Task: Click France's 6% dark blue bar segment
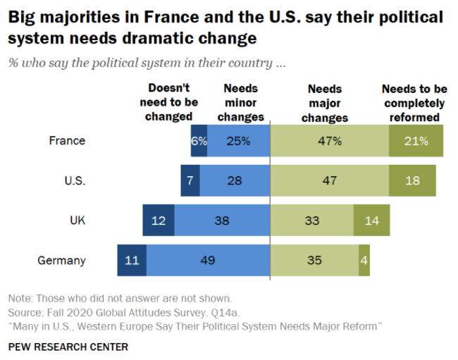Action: [x=199, y=141]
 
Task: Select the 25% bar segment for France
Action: [x=239, y=141]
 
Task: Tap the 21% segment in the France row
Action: [x=416, y=141]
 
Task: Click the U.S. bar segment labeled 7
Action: [x=190, y=181]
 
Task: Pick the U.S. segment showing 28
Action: [x=235, y=181]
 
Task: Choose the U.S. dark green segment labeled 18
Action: [x=412, y=181]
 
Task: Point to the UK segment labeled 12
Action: [x=159, y=221]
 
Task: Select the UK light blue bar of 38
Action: [x=222, y=221]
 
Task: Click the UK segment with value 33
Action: [x=312, y=221]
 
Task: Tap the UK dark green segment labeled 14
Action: [x=371, y=221]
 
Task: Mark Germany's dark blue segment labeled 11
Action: [x=132, y=261]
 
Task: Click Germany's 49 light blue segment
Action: [x=208, y=261]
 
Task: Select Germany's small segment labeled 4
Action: [x=364, y=261]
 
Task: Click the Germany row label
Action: [x=61, y=261]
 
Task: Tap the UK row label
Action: [x=78, y=221]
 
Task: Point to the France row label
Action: [x=67, y=141]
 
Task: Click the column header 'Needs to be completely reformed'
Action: [x=414, y=103]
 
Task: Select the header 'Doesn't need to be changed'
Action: [x=168, y=102]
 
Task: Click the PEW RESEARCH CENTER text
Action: [x=68, y=347]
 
